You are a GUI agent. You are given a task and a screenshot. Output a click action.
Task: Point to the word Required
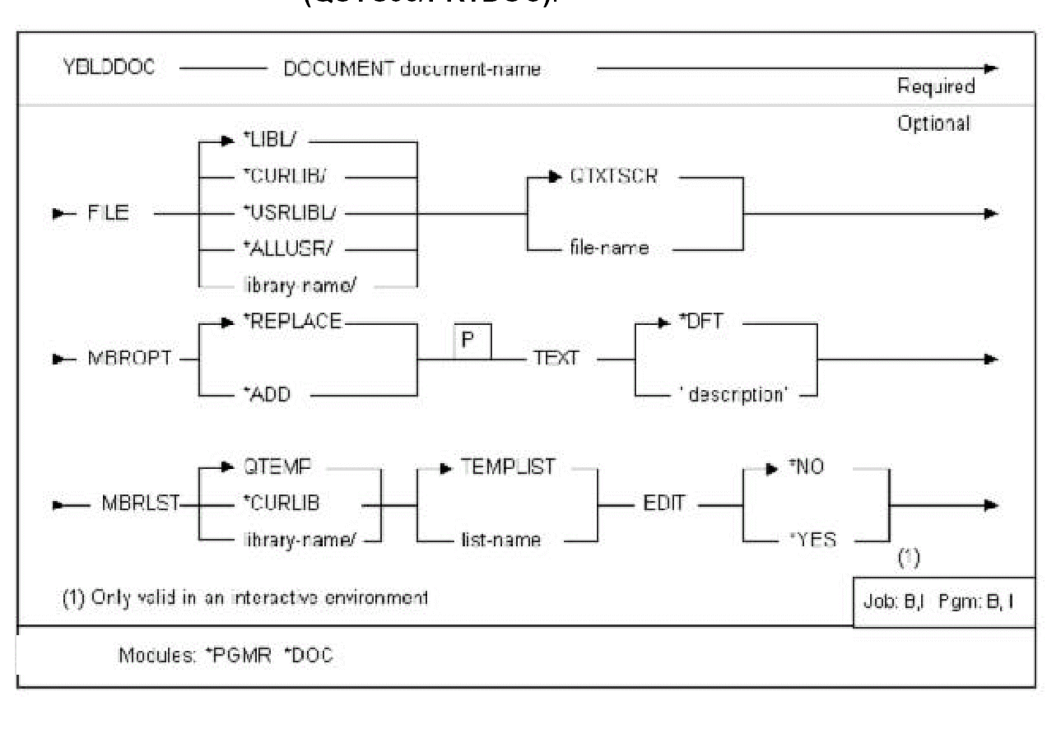pyautogui.click(x=936, y=86)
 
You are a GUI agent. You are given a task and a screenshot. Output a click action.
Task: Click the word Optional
pyautogui.click(x=933, y=123)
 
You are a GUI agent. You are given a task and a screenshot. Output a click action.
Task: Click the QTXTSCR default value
pyautogui.click(x=614, y=177)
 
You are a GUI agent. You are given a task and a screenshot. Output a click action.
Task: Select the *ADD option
pyautogui.click(x=267, y=396)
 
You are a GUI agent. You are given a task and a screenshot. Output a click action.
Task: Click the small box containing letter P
pyautogui.click(x=472, y=341)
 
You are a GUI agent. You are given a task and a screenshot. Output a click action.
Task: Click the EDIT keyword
pyautogui.click(x=663, y=504)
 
